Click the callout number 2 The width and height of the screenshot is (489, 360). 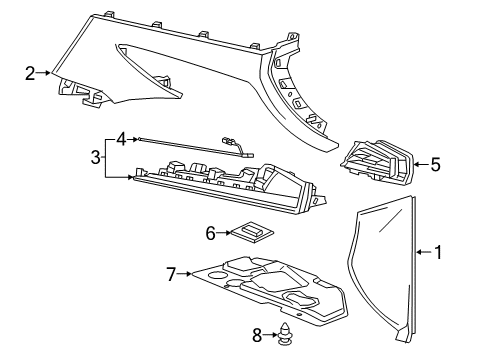pyautogui.click(x=30, y=72)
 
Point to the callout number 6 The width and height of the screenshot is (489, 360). pyautogui.click(x=211, y=233)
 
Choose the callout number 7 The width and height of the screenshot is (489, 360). pyautogui.click(x=171, y=272)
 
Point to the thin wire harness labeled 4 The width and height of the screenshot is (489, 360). pyautogui.click(x=190, y=146)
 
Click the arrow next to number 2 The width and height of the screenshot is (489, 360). pyautogui.click(x=48, y=72)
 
